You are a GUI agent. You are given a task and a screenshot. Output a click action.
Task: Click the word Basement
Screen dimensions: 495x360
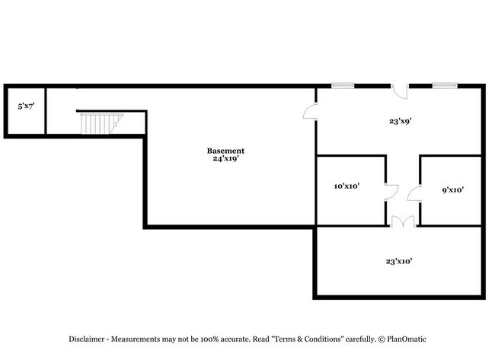coord(225,151)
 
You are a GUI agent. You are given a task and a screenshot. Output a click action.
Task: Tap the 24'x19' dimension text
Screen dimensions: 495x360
coord(225,158)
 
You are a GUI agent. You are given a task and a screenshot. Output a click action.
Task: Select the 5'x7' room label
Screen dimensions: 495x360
coord(26,107)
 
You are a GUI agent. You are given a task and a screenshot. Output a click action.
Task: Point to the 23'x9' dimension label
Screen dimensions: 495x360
coord(401,121)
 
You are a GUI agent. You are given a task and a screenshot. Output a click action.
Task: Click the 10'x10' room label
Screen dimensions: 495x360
coord(347,186)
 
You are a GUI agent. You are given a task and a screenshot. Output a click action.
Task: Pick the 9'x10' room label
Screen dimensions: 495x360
coord(452,190)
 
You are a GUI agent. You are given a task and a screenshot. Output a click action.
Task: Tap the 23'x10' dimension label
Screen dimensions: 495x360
coord(399,261)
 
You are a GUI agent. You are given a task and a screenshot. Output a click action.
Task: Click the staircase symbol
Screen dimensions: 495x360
coord(101,124)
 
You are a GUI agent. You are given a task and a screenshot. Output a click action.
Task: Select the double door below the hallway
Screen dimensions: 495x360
coord(403,221)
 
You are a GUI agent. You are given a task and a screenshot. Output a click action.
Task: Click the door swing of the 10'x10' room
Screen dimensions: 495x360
coord(391,192)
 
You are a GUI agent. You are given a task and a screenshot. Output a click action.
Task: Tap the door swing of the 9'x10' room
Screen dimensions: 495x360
coord(414,193)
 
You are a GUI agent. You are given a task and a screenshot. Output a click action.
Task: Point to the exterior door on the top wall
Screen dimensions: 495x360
coord(400,91)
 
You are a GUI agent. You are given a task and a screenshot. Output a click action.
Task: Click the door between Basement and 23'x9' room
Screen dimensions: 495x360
coord(310,111)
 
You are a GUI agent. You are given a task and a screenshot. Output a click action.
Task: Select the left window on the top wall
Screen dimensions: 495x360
coord(343,85)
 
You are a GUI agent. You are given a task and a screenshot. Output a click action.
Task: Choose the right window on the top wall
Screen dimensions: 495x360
coord(445,85)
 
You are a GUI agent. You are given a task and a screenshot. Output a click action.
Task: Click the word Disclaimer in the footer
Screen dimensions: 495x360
coord(87,339)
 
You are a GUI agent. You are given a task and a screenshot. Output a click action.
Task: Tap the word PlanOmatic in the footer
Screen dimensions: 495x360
coord(407,339)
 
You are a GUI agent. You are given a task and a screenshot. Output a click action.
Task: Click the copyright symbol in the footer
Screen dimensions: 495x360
coord(382,339)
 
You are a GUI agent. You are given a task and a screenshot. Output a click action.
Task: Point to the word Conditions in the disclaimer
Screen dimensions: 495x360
coord(324,339)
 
